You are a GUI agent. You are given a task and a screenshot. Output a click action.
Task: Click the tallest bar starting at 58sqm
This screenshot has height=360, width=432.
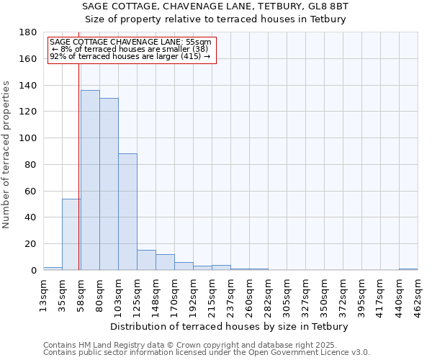90,180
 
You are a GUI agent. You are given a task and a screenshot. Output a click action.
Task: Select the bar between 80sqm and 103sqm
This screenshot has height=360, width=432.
109,184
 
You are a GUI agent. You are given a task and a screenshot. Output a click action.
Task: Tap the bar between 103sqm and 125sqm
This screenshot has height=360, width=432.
127,212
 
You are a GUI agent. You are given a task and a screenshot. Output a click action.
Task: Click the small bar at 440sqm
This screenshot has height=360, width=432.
408,269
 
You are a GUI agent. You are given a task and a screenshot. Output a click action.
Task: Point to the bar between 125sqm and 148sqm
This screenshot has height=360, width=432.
146,260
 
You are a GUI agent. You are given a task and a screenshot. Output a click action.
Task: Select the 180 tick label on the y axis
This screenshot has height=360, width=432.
29,32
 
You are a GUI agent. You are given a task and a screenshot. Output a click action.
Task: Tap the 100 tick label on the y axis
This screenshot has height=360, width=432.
29,138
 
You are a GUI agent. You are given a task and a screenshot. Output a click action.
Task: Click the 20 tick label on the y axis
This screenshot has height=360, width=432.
31,244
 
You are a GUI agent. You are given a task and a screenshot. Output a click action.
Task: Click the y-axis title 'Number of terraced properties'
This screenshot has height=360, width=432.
6,154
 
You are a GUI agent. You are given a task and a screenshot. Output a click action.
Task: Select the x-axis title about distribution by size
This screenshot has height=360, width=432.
230,326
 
